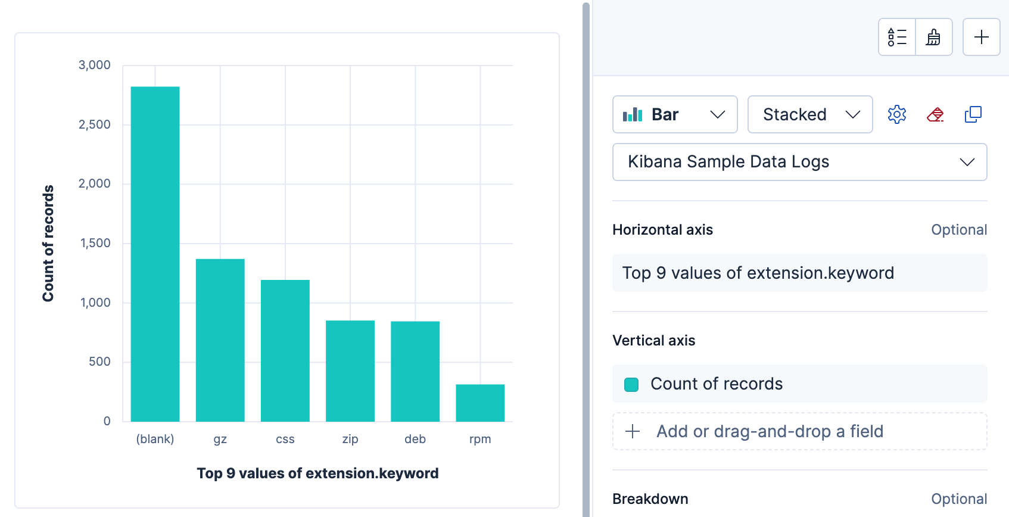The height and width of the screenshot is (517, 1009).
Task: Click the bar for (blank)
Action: pos(155,254)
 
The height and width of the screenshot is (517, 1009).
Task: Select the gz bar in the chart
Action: pos(220,340)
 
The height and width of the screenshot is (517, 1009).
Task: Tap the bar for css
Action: pos(285,351)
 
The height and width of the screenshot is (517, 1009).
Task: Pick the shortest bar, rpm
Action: pos(480,403)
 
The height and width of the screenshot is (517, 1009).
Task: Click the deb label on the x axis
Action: pos(415,439)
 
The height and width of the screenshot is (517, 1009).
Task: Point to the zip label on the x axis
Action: pos(350,439)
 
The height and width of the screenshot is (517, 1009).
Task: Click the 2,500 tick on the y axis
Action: pos(95,124)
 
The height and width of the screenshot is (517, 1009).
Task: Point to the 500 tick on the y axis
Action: pos(99,362)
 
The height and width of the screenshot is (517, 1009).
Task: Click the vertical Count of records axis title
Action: pos(48,243)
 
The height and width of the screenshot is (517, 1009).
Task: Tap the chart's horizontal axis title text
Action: pos(317,474)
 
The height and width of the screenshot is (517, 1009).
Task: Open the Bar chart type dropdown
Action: pos(675,114)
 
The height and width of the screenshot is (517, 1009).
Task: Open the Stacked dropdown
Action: pos(810,114)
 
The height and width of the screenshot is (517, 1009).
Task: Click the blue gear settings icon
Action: pos(896,114)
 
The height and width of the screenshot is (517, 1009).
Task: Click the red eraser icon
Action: pos(935,114)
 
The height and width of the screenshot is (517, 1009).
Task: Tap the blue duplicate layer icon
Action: pos(973,114)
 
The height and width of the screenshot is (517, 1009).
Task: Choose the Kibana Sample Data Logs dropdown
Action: pos(799,162)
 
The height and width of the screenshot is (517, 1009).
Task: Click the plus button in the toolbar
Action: pos(981,37)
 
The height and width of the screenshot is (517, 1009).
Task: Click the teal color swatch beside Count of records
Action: pos(631,384)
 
